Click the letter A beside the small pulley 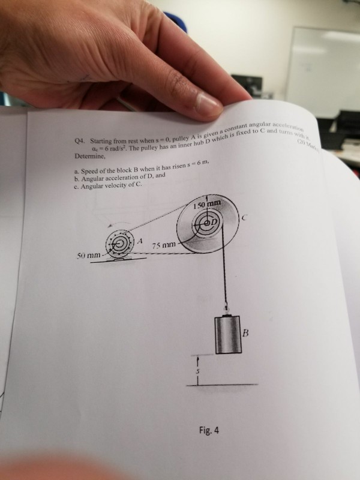[x=140, y=241]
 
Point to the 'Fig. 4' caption [x=209, y=428]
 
